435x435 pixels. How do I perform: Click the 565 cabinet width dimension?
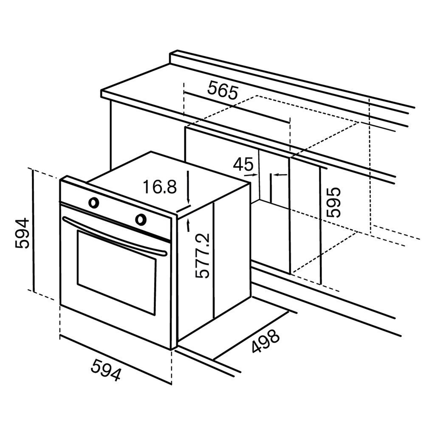(223, 90)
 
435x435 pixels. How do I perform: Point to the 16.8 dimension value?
(159, 187)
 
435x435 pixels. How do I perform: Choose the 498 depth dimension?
(266, 341)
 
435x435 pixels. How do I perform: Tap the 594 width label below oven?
(106, 369)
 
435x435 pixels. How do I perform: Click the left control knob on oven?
(94, 203)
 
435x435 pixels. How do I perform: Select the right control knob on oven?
(141, 219)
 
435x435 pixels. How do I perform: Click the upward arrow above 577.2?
(187, 225)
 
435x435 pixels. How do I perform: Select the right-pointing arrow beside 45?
(253, 174)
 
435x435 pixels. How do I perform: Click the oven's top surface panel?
(166, 178)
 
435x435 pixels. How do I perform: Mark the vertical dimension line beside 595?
(320, 225)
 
